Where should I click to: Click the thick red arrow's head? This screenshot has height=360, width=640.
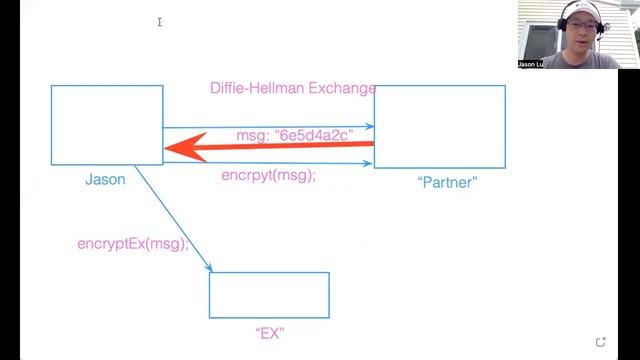[184, 147]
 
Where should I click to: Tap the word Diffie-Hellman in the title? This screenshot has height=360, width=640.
[257, 88]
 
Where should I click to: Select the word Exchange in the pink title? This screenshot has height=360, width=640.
[342, 88]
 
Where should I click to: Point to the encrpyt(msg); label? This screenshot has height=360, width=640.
[269, 176]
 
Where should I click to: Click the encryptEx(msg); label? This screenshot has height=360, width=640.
[133, 244]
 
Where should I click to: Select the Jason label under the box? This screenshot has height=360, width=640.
[105, 180]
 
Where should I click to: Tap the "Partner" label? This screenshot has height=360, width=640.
[447, 182]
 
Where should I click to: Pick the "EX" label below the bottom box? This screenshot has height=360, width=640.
[270, 333]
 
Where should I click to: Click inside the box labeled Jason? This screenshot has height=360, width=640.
[107, 125]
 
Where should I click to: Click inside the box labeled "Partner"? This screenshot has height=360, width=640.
[440, 127]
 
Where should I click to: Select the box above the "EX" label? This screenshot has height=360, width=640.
[269, 295]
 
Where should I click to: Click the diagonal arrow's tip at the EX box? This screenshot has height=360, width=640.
[212, 271]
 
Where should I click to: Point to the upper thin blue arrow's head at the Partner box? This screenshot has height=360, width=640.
[373, 127]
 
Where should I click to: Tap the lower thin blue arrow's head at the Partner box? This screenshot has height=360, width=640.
[371, 164]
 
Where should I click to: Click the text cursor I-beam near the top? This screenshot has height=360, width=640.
[160, 22]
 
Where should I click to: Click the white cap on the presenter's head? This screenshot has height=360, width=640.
[581, 11]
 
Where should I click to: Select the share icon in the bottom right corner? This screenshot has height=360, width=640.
[600, 342]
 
